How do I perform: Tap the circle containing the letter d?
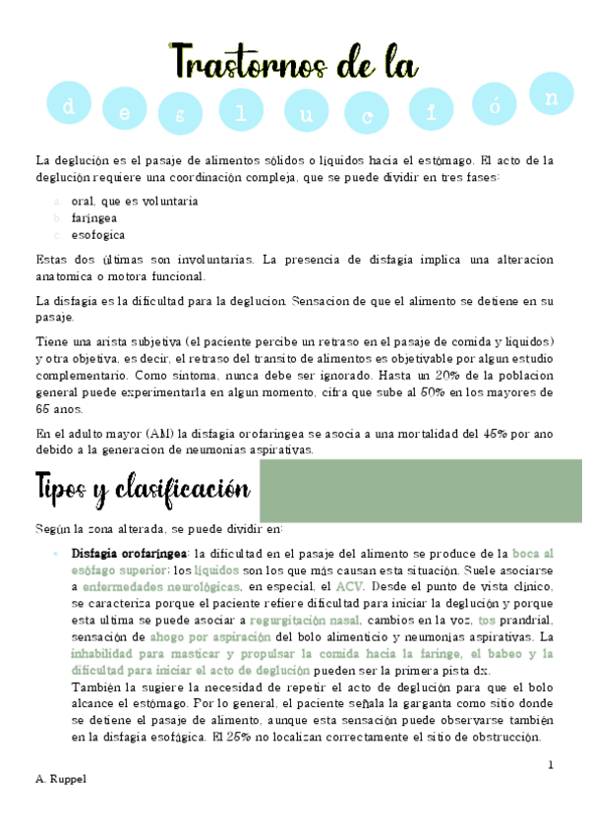pos(69,107)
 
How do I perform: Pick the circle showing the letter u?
pos(308,115)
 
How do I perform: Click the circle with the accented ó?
pos(494,106)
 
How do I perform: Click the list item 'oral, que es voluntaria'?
pos(135,201)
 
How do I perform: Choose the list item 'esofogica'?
pos(98,235)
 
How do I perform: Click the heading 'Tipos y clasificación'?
pos(142,486)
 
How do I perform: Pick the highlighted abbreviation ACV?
pos(349,586)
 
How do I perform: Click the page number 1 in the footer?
pos(551,764)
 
